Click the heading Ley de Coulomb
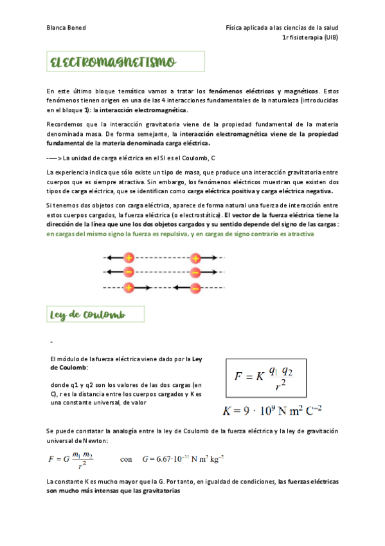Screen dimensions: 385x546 tap(87, 315)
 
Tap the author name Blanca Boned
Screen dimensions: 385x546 tap(67, 28)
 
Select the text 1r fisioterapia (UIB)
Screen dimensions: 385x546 tap(310, 38)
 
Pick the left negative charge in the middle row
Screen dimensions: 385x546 tap(129, 272)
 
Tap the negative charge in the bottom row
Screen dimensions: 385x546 tap(195, 287)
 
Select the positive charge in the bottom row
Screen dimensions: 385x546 tap(129, 287)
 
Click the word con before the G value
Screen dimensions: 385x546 tap(127, 459)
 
